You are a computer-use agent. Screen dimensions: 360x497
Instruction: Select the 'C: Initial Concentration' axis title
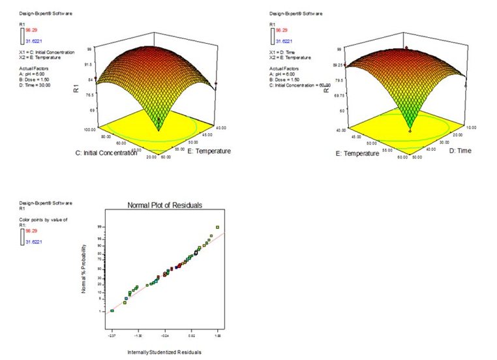click(x=105, y=153)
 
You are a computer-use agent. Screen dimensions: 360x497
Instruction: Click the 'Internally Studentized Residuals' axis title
click(x=164, y=352)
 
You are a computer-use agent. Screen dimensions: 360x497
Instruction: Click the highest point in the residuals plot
click(x=217, y=228)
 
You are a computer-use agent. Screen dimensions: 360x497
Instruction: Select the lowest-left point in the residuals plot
click(x=112, y=311)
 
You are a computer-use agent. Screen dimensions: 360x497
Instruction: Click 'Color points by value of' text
click(x=43, y=220)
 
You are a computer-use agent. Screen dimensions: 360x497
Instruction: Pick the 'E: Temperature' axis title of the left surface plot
click(x=209, y=151)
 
